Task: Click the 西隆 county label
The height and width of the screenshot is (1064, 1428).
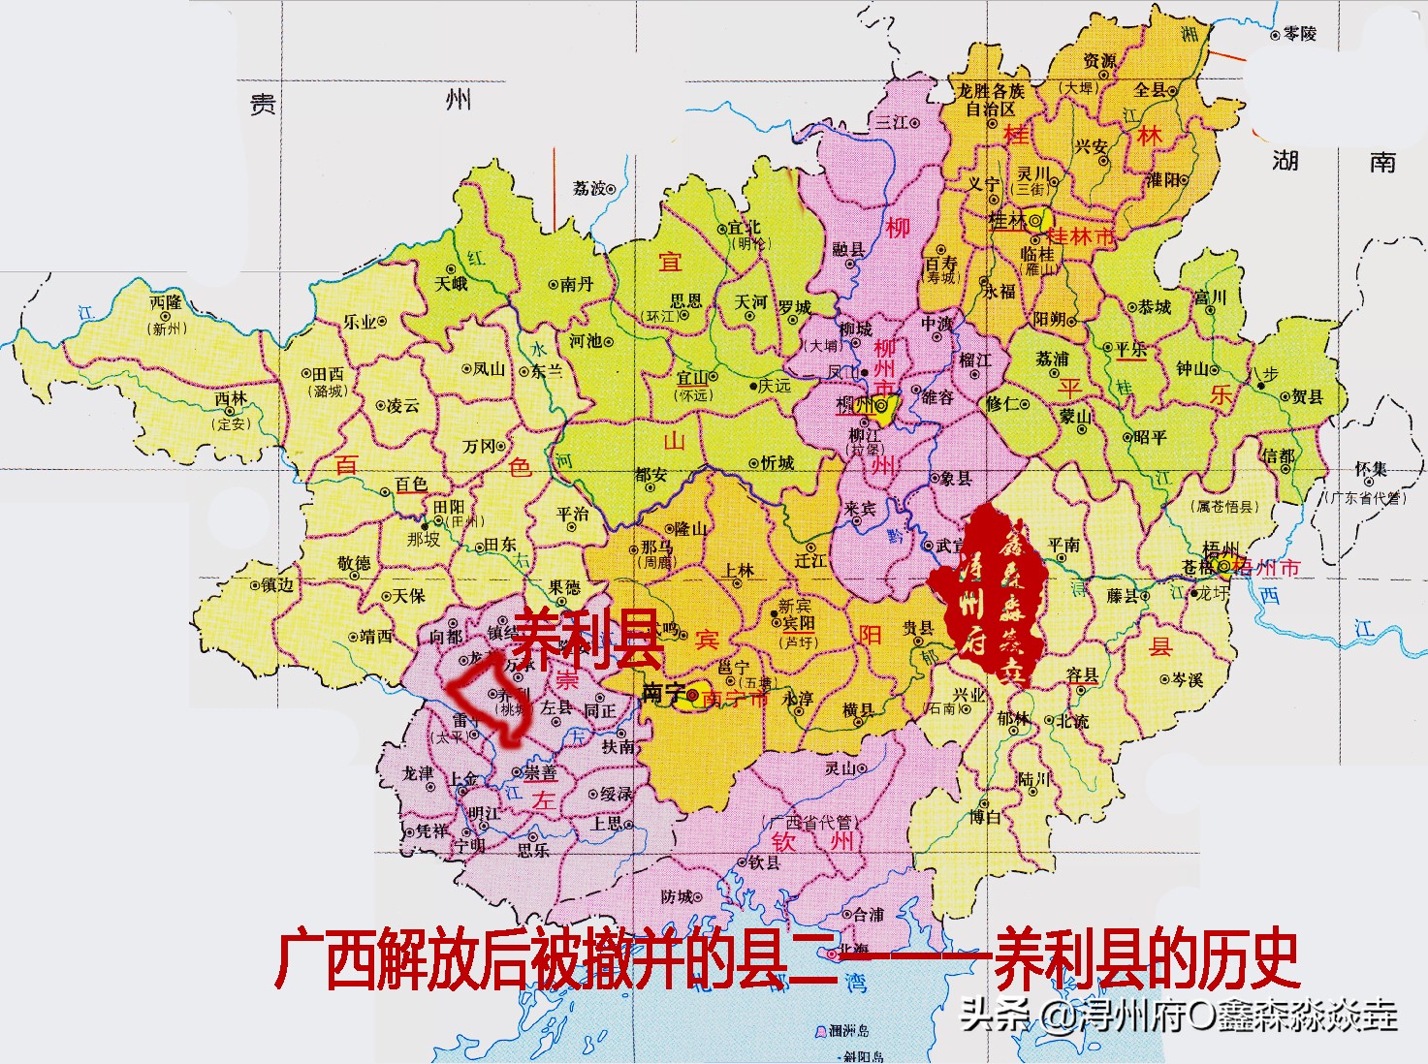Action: [x=166, y=302]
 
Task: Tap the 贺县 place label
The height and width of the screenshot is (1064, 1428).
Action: [x=1307, y=396]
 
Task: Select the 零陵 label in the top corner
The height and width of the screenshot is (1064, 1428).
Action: [x=1299, y=34]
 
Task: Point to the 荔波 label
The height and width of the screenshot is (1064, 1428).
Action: [x=587, y=188]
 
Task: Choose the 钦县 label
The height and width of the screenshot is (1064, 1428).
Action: [x=764, y=861]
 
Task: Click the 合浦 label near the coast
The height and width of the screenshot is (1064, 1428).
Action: [x=868, y=914]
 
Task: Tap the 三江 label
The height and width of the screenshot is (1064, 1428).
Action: [x=891, y=122]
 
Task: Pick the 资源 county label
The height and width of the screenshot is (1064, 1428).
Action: [x=1099, y=61]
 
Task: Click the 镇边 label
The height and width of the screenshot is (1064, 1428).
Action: [x=277, y=584]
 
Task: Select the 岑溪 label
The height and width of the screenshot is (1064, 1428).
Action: [x=1188, y=679]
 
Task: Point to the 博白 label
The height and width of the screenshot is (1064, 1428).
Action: [x=984, y=817]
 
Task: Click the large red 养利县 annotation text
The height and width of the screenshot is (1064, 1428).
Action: [x=587, y=639]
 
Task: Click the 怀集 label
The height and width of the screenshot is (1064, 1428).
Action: [x=1370, y=470]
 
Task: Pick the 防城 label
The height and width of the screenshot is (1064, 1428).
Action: [x=677, y=896]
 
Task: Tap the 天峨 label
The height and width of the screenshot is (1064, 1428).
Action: [x=451, y=284]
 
